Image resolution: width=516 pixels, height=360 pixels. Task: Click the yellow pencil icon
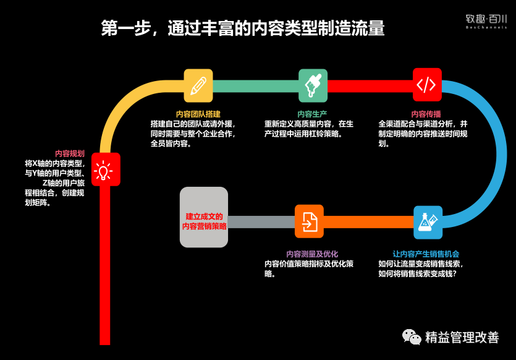click(x=198, y=85)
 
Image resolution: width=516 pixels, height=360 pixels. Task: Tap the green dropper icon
click(x=313, y=85)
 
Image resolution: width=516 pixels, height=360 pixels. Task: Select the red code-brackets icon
click(x=427, y=85)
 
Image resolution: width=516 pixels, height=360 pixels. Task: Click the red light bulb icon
click(x=106, y=169)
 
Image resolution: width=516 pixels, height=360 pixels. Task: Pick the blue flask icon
click(x=428, y=222)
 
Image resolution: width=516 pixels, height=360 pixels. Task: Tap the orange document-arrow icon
click(x=309, y=221)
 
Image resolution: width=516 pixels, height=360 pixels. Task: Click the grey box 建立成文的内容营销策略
click(x=205, y=218)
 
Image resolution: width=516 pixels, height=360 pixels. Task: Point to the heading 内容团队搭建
click(x=194, y=114)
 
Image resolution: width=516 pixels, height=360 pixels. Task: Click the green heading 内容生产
click(x=312, y=114)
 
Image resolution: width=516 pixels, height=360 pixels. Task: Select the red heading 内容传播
click(x=426, y=114)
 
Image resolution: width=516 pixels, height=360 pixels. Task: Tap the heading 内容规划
click(x=70, y=153)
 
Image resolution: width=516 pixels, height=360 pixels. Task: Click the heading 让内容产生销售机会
click(x=426, y=254)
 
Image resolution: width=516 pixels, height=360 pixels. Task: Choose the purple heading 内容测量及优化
click(x=312, y=254)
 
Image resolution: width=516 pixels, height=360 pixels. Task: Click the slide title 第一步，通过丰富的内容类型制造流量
click(x=243, y=28)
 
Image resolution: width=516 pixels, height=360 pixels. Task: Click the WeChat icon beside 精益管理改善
click(x=412, y=336)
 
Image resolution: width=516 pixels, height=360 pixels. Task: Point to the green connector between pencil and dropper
click(x=255, y=85)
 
